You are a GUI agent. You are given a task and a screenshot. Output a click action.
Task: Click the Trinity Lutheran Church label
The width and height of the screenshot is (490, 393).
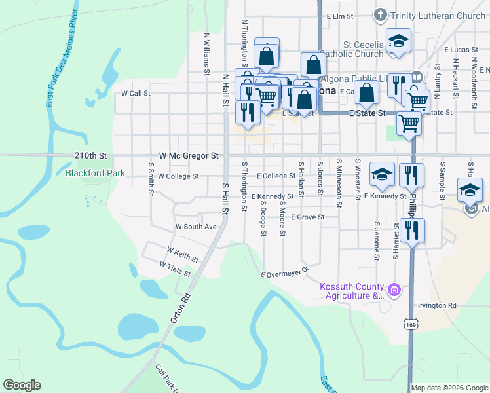pos(438,16)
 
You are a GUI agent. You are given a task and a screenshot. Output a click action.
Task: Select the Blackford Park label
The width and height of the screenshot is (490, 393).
pos(95,174)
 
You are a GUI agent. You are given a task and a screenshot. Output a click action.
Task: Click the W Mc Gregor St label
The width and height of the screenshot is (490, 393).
pos(189,156)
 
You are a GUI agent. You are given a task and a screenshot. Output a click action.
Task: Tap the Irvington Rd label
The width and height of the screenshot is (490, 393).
pos(438,306)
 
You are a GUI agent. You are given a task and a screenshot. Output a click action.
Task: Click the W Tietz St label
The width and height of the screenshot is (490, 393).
pos(175,268)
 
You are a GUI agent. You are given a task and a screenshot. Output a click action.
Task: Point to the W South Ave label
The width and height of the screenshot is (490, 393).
pos(195,227)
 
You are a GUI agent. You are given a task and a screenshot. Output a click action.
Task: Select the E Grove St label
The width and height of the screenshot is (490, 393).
pos(308,217)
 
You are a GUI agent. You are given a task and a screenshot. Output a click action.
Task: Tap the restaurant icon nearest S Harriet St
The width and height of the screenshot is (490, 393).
pos(411,231)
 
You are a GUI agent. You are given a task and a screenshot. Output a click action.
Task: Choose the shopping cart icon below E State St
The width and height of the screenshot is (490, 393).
pos(409,122)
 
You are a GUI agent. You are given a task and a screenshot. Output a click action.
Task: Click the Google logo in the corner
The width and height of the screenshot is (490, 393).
pos(22,385)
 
